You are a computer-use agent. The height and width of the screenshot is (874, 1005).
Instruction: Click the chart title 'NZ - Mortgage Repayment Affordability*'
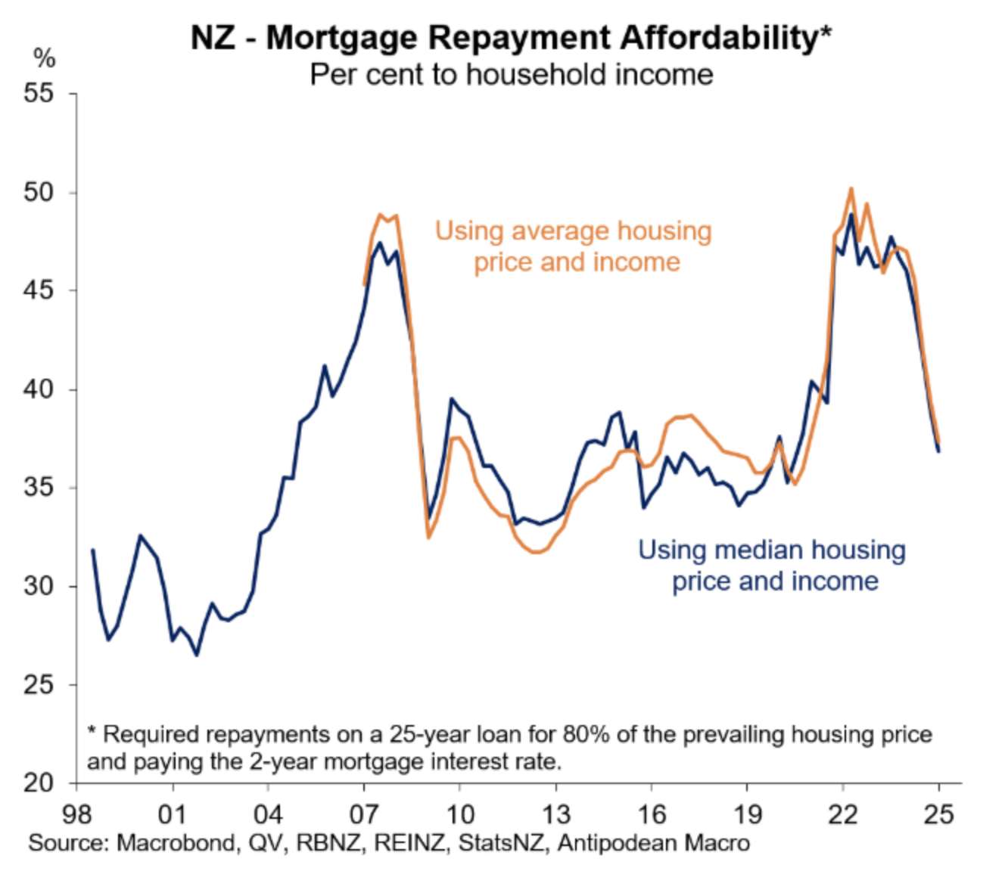tap(511, 37)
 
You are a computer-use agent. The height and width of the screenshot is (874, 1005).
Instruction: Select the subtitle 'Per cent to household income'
tap(511, 75)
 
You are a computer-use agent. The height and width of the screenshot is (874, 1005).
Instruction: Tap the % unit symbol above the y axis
tap(45, 57)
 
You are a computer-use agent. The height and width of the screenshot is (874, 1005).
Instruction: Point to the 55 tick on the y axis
tap(39, 94)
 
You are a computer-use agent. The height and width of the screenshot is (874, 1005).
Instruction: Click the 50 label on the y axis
tap(39, 192)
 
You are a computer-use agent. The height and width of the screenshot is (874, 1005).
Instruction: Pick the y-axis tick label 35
tap(39, 487)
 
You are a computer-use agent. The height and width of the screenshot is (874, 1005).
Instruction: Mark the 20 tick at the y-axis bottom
tap(39, 783)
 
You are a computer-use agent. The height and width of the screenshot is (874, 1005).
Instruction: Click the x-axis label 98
tap(76, 814)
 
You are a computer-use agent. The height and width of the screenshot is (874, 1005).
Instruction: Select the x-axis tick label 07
tap(364, 814)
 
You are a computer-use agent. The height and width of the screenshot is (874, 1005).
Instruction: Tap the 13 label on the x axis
tap(555, 814)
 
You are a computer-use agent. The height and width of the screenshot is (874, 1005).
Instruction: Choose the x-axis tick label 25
tap(938, 814)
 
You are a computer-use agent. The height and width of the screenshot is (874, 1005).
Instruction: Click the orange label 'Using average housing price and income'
tap(574, 246)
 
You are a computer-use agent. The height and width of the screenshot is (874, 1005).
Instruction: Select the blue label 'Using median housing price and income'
tap(773, 566)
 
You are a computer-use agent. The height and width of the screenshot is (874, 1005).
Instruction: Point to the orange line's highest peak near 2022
tap(851, 188)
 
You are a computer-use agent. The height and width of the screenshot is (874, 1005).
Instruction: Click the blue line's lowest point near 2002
tap(197, 655)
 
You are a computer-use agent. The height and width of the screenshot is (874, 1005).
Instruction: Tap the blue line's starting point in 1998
tap(92, 550)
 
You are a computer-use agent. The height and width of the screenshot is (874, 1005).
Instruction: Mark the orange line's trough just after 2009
tap(428, 537)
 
